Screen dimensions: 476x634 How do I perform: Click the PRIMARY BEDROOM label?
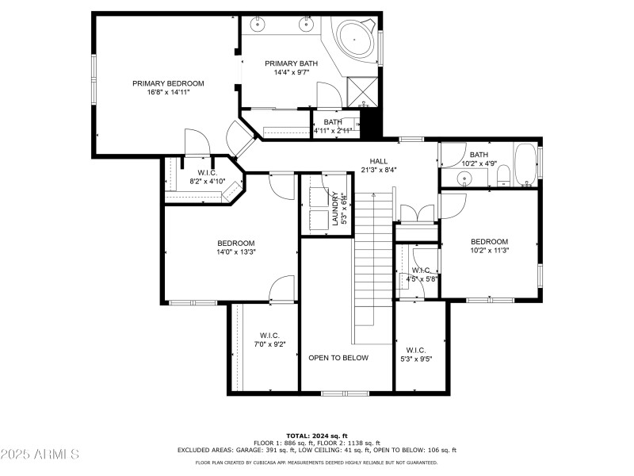click(168, 83)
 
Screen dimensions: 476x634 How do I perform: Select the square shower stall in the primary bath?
click(361, 90)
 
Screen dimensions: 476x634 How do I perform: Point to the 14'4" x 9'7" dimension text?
click(291, 73)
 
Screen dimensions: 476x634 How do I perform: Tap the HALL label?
click(378, 160)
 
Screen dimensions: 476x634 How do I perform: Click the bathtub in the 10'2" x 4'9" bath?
click(524, 164)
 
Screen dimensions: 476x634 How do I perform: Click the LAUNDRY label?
click(335, 208)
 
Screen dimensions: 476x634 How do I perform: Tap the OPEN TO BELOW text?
click(338, 358)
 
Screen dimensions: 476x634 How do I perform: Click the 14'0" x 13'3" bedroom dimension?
click(235, 252)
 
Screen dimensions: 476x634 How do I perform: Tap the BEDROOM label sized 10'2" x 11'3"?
click(489, 242)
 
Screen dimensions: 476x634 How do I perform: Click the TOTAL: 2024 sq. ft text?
click(317, 436)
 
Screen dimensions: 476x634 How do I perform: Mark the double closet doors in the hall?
click(417, 213)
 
